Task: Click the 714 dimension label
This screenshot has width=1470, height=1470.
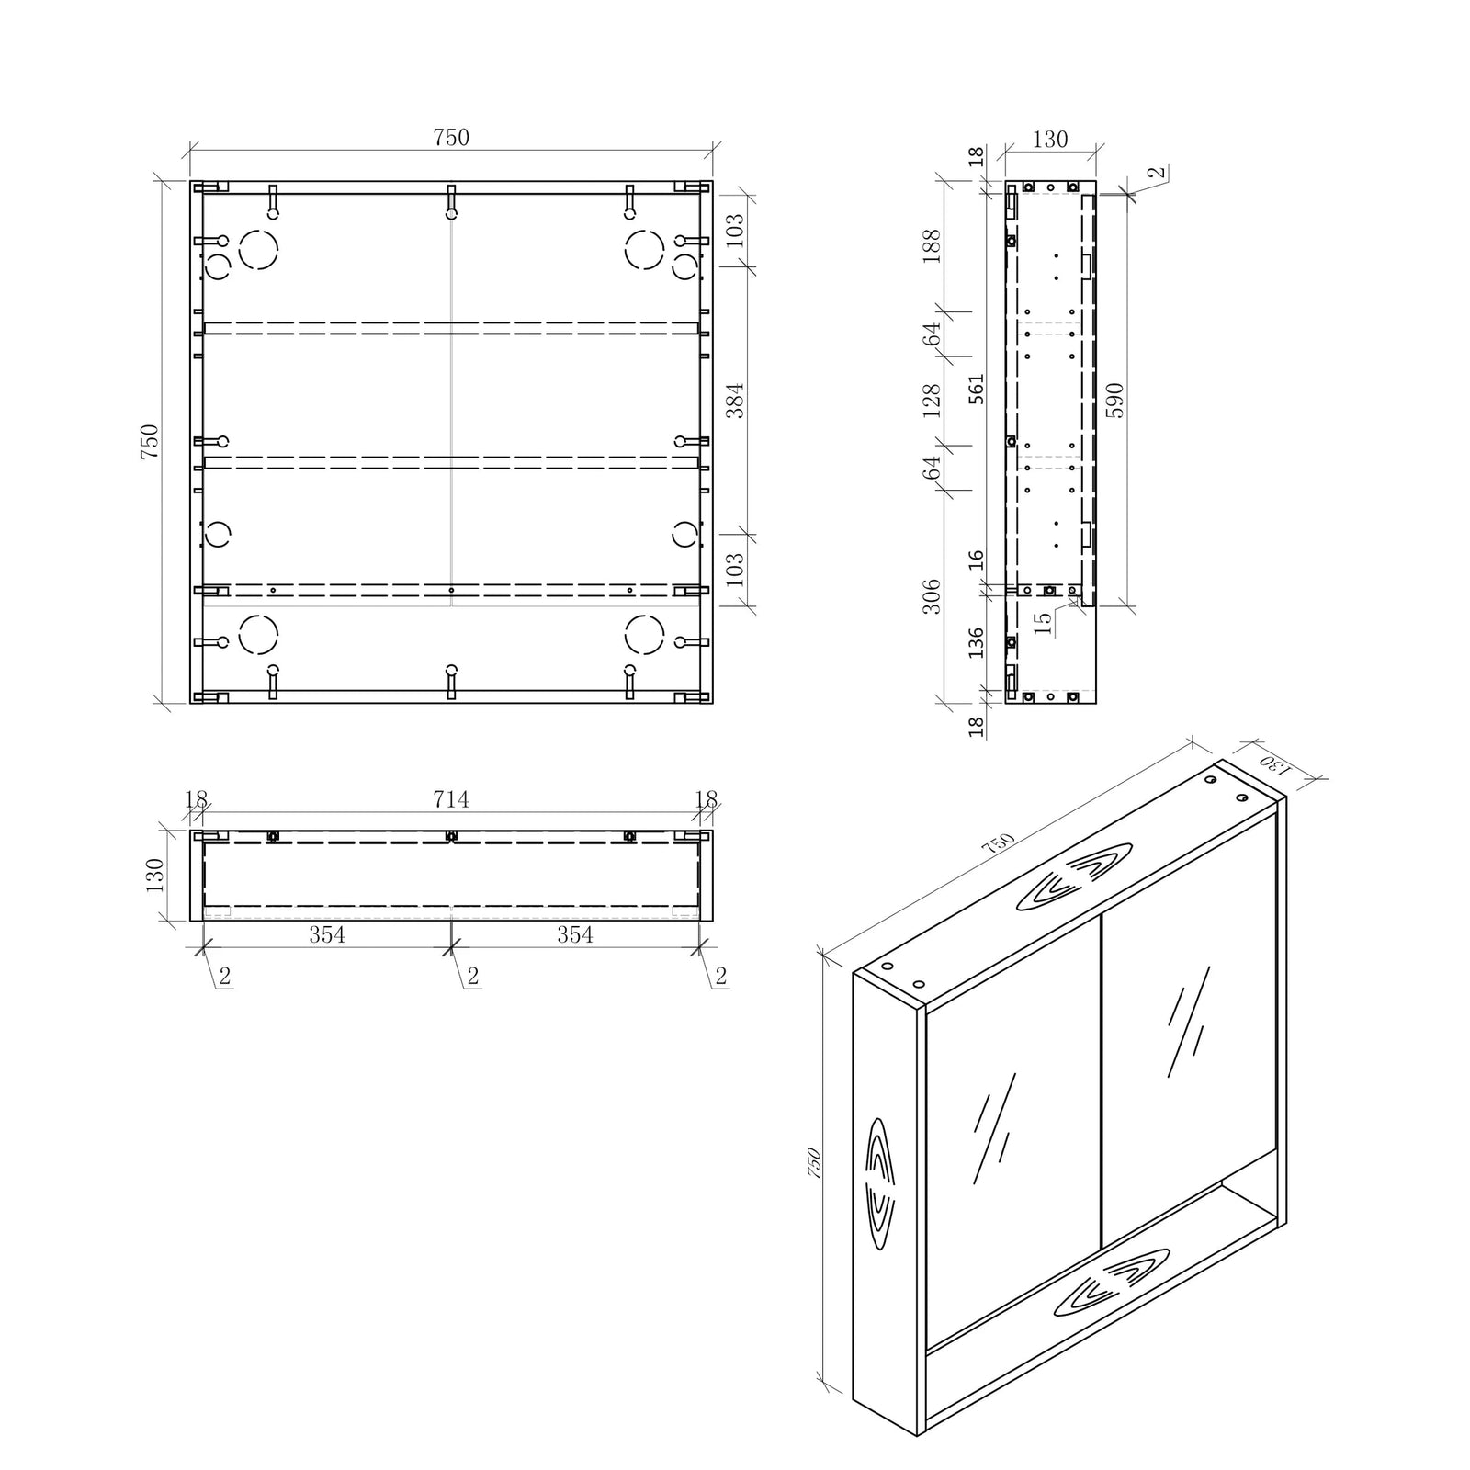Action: click(x=450, y=800)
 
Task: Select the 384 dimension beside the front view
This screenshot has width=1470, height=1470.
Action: click(x=735, y=400)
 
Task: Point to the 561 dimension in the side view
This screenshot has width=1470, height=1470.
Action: click(x=976, y=389)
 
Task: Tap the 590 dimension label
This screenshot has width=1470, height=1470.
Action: click(x=1114, y=400)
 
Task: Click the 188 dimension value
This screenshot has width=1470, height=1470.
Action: click(x=932, y=246)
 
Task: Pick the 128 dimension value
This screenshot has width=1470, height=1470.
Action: click(x=932, y=401)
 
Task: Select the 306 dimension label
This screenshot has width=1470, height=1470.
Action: click(x=932, y=596)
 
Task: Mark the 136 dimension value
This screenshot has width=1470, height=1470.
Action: click(x=976, y=642)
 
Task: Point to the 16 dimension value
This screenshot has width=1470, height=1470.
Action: click(x=976, y=559)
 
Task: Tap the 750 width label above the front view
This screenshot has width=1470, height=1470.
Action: click(x=450, y=138)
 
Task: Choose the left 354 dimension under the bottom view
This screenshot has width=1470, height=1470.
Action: click(x=326, y=934)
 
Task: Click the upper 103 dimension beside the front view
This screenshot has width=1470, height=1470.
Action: click(x=735, y=230)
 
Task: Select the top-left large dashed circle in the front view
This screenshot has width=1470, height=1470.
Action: click(x=258, y=249)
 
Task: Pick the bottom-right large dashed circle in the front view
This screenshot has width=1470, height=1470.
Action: click(x=644, y=634)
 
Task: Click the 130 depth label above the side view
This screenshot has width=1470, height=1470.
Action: click(x=1049, y=140)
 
